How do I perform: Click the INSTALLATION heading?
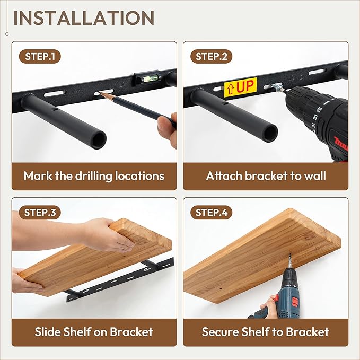pos(84,18)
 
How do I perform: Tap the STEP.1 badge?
pos(40,57)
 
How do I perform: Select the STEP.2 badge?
pos(211,57)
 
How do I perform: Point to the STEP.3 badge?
pos(40,213)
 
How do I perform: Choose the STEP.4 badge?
pos(211,213)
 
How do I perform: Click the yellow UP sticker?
pos(240,87)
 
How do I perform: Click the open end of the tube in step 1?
pos(99,139)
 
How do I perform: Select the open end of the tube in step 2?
pos(269,132)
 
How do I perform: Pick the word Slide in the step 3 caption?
pos(48,332)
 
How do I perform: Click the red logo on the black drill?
pos(341,144)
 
